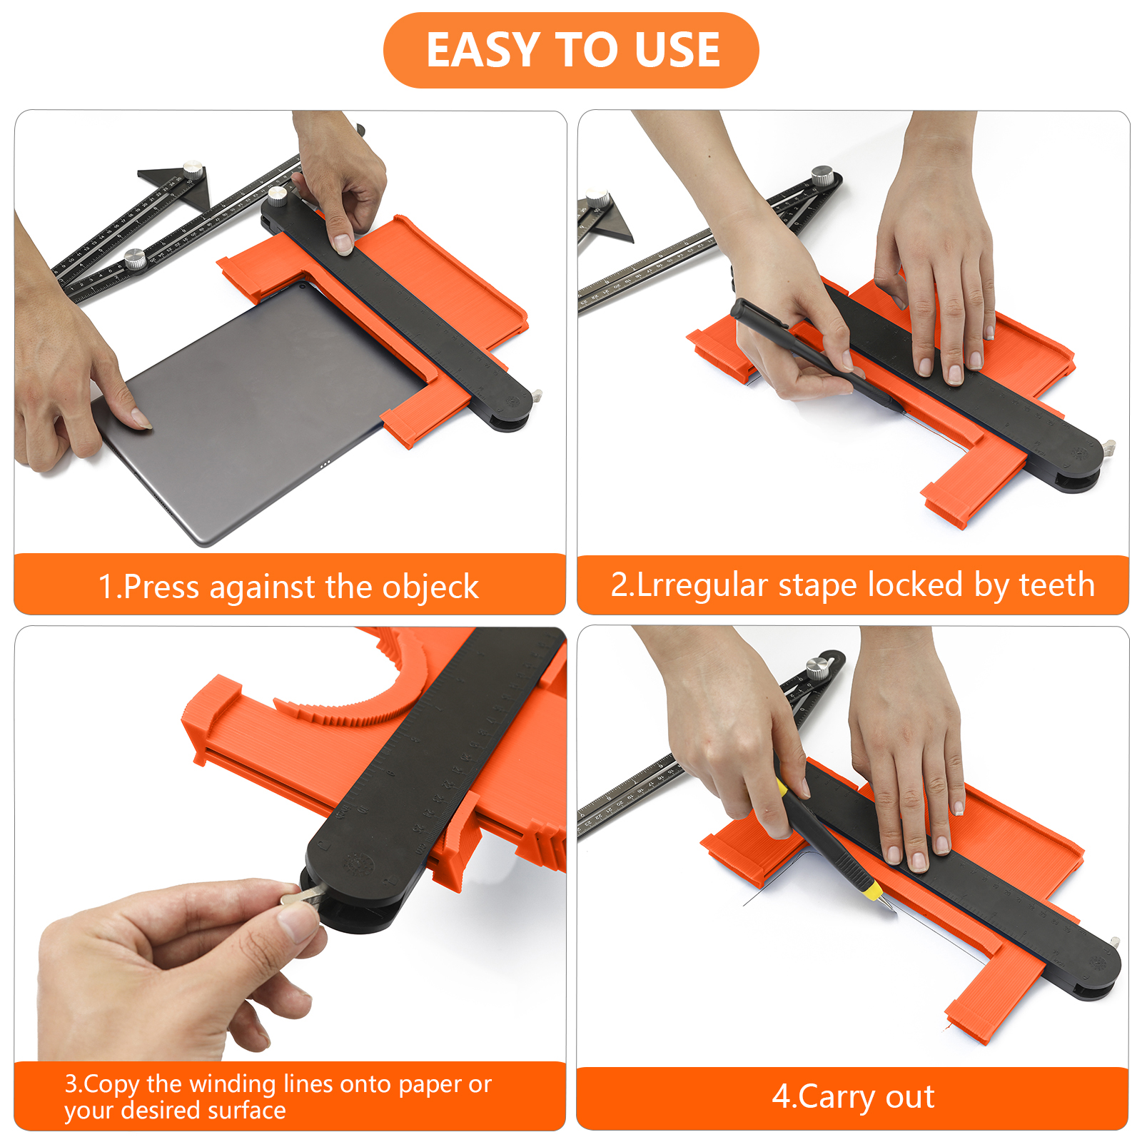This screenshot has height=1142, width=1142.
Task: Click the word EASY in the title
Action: [x=482, y=50]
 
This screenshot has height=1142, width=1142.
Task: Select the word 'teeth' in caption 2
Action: [x=1056, y=585]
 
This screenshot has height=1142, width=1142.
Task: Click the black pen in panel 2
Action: [x=814, y=354]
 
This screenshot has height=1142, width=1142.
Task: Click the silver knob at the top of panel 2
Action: [x=823, y=174]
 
